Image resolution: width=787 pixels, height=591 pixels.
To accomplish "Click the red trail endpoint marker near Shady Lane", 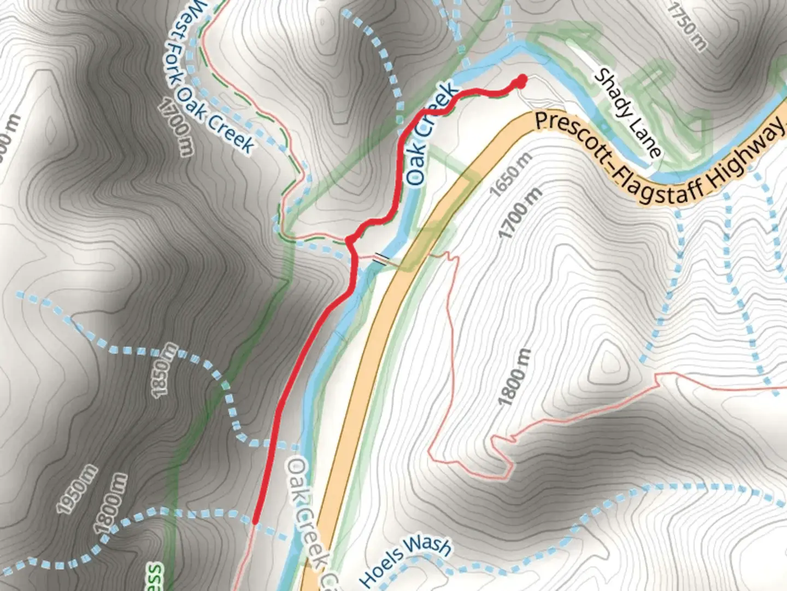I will [521, 82].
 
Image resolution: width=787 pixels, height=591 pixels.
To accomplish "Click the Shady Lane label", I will [627, 112].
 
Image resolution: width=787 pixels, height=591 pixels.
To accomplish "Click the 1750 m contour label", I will [688, 25].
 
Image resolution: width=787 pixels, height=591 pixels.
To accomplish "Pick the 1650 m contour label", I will [510, 174].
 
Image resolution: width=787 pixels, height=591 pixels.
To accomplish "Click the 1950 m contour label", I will [77, 489].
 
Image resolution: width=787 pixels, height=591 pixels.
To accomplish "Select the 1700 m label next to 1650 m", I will [520, 212].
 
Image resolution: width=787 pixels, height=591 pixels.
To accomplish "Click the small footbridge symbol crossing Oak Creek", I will [381, 258].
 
